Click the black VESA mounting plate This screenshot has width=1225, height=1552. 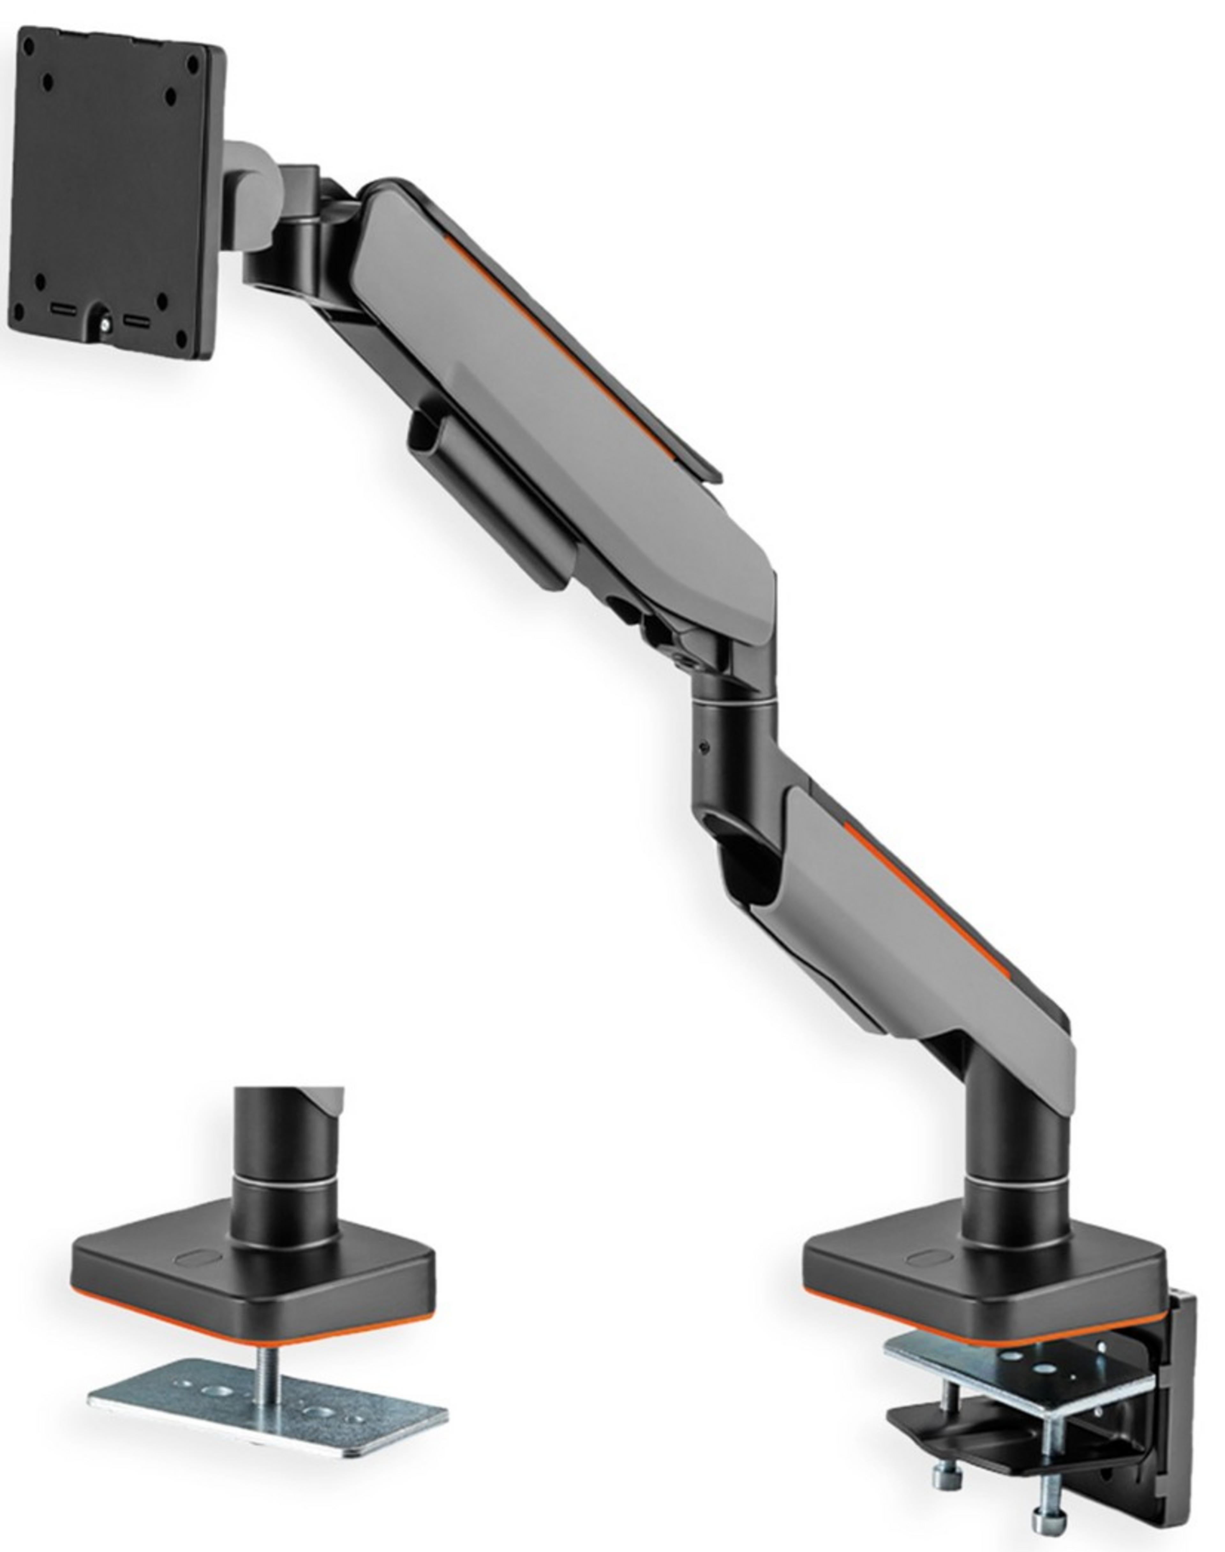tap(115, 194)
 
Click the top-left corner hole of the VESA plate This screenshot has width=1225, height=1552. tap(29, 43)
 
